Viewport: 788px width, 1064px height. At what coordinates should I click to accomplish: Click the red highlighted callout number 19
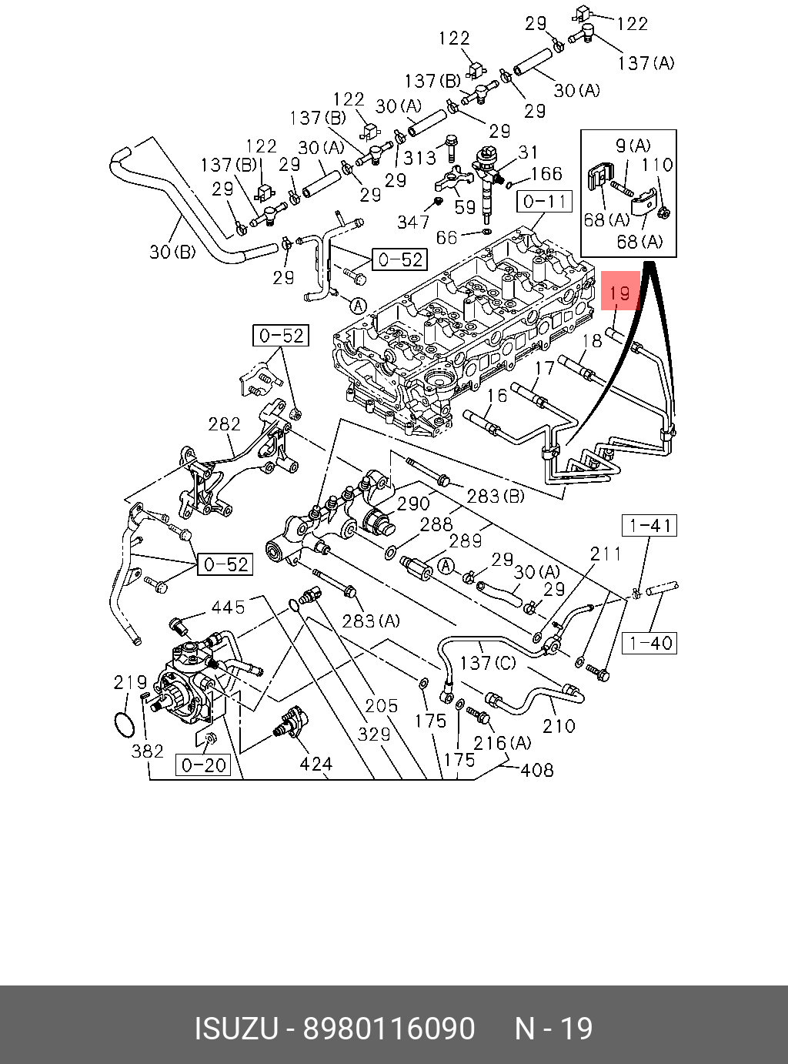click(620, 292)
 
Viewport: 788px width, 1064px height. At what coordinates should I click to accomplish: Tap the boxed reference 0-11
click(544, 202)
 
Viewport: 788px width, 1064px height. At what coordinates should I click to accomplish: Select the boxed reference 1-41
click(649, 526)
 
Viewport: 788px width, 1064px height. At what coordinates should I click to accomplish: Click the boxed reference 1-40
click(649, 643)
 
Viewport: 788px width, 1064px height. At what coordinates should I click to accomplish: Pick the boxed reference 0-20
click(203, 765)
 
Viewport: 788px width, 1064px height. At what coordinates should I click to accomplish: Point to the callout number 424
click(316, 764)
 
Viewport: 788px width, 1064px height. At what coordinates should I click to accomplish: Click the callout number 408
click(536, 770)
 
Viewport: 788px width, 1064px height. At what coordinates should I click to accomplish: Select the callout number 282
click(224, 424)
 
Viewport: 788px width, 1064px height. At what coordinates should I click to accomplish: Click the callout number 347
click(413, 222)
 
